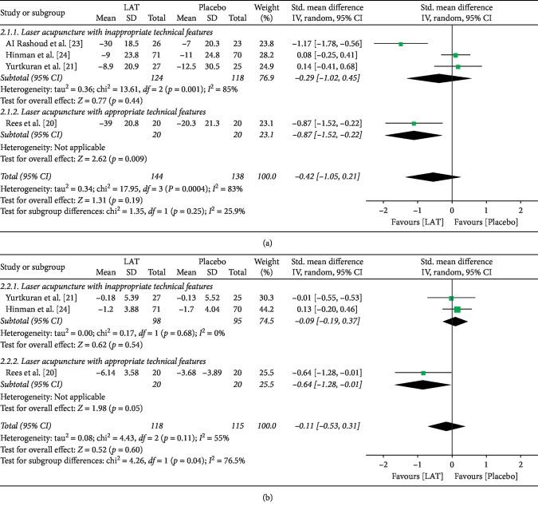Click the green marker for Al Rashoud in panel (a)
point(401,44)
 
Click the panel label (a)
point(269,237)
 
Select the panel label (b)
point(269,501)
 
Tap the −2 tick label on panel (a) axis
point(383,210)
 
